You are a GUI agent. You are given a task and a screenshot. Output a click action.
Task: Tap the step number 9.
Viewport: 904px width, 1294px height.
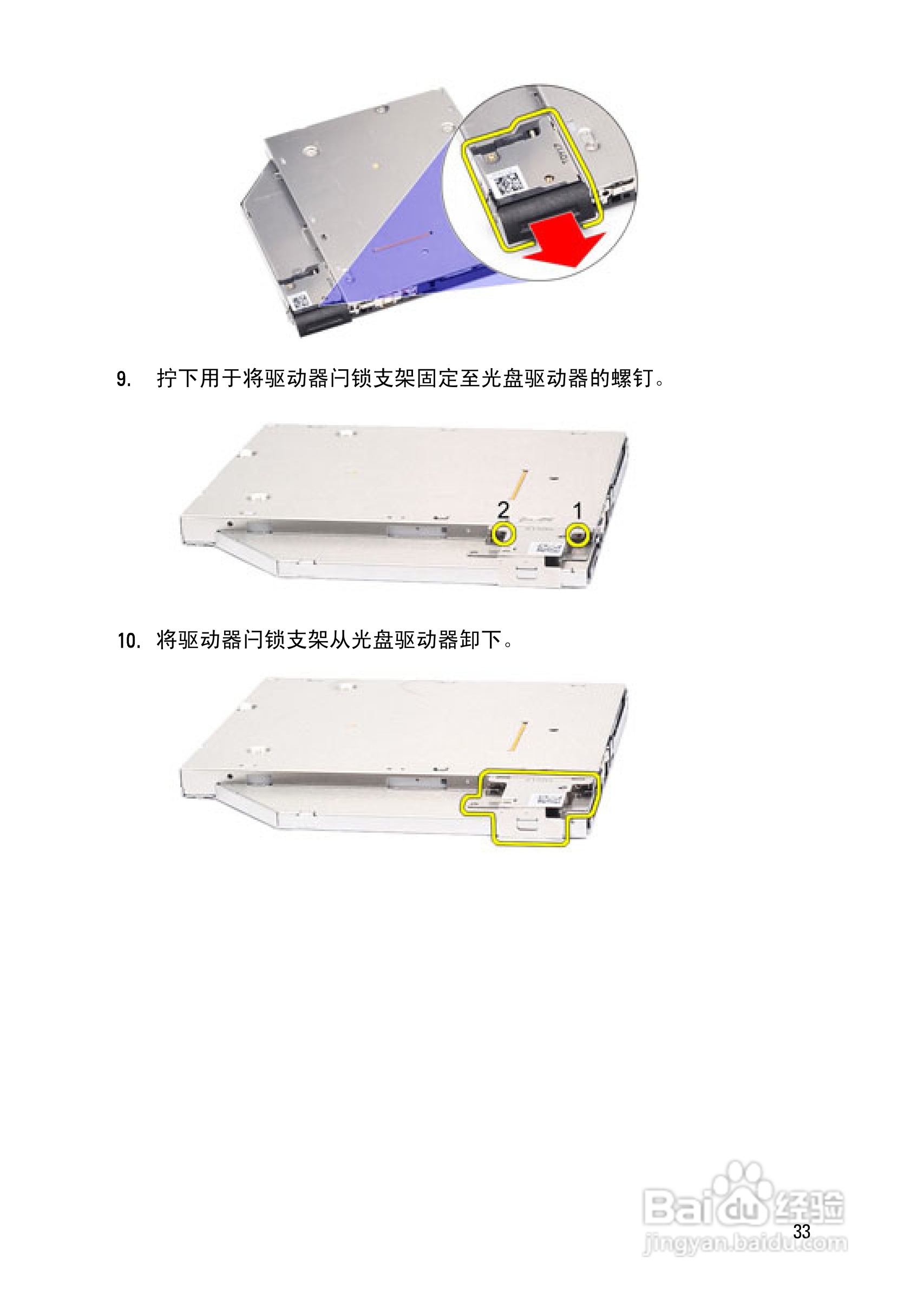pos(123,380)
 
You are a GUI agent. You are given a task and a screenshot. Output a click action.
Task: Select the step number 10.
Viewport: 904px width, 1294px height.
pos(128,641)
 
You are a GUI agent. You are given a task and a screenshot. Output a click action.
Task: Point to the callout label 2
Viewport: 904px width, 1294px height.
pos(503,510)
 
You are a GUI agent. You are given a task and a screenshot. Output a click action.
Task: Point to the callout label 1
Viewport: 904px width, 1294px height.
pos(577,511)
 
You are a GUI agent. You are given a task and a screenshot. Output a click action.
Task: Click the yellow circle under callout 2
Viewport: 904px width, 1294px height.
pos(503,534)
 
